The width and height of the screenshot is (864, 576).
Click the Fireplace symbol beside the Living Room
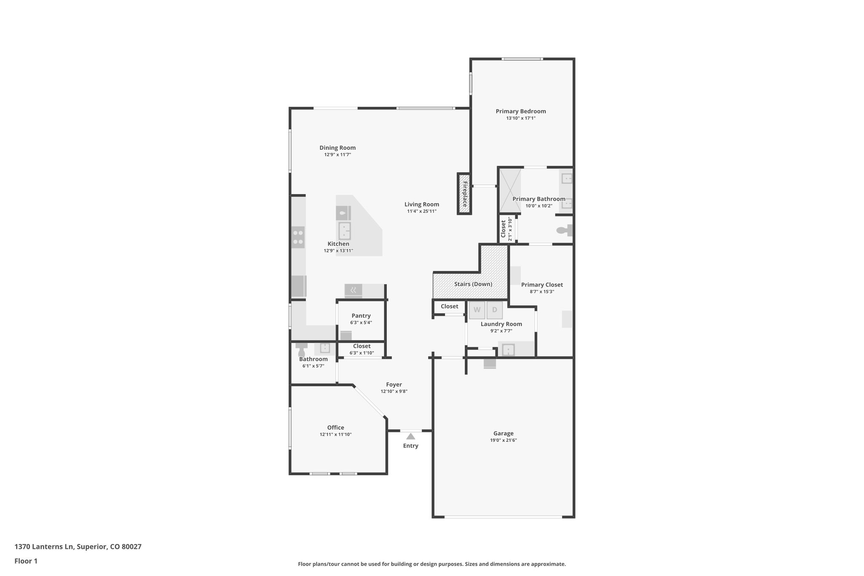pos(464,194)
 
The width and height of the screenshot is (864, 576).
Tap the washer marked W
pos(477,310)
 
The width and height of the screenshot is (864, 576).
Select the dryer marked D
pos(494,310)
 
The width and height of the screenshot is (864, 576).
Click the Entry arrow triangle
pos(410,436)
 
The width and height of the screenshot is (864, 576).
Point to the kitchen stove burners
pos(298,237)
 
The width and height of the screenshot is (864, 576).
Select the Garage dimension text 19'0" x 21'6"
pos(503,440)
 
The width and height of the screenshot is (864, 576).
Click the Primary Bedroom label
pos(521,111)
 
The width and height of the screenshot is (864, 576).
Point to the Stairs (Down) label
pos(473,284)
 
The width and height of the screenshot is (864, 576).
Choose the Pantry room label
pos(361,316)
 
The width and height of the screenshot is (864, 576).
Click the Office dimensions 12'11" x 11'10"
pos(335,434)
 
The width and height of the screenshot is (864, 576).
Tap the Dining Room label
pos(337,148)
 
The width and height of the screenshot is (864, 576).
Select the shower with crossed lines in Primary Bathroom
pos(510,190)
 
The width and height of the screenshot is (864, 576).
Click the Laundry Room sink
pos(508,350)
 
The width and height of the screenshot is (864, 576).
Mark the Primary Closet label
pos(542,285)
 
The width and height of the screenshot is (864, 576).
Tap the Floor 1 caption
pos(26,561)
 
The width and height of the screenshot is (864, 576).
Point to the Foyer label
pos(394,384)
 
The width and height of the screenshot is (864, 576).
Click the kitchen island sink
pos(345,231)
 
